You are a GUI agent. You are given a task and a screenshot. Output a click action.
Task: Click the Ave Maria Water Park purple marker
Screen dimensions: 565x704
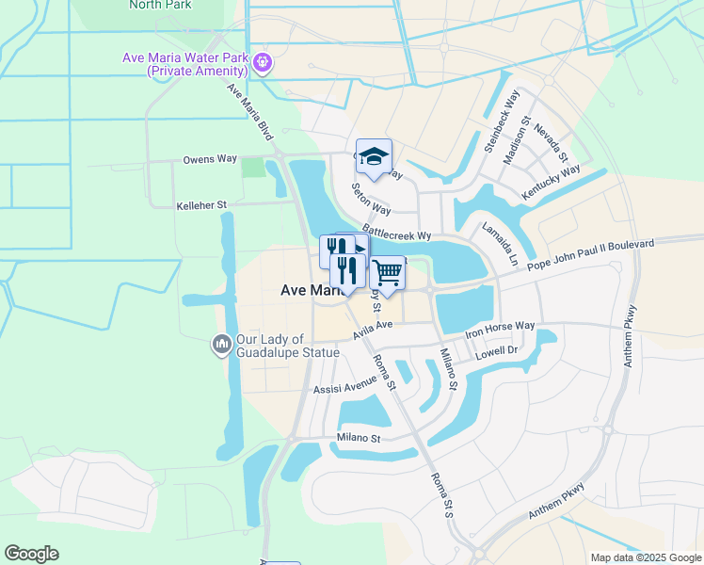tap(262, 63)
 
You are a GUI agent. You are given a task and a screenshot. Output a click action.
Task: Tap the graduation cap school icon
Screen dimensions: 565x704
tap(374, 157)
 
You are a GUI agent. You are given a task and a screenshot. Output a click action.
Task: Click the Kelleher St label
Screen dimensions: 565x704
tap(201, 204)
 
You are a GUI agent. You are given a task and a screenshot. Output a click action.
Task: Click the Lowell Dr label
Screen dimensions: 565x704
tap(499, 350)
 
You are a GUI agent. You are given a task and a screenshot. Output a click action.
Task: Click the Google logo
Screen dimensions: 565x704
tap(31, 554)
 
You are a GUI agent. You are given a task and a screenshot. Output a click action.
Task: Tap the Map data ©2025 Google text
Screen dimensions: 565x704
tap(645, 557)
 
